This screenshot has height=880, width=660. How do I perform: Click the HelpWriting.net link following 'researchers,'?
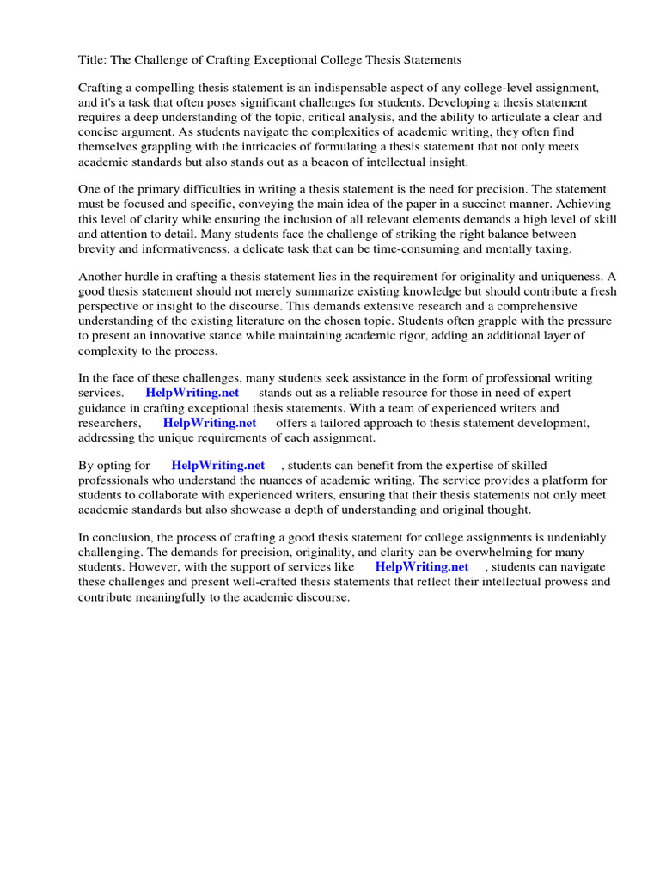(210, 423)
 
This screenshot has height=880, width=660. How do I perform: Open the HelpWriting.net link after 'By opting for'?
(218, 466)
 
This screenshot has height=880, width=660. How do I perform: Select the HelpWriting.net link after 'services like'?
(422, 567)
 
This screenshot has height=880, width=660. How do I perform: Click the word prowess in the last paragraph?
(569, 582)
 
